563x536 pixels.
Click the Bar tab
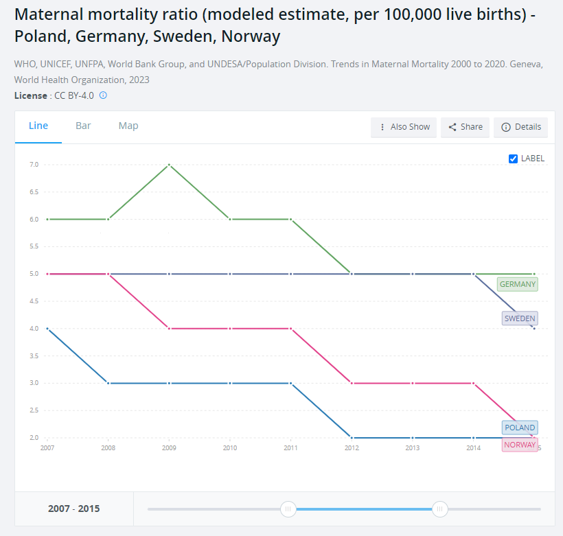[83, 126]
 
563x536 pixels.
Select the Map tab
[128, 126]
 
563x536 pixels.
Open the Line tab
[38, 126]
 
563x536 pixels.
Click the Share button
[465, 127]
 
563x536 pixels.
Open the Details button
[521, 127]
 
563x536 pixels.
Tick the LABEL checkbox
[513, 159]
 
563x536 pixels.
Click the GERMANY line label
[518, 284]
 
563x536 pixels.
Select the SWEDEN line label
[520, 318]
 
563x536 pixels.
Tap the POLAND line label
[520, 428]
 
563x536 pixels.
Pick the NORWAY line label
[519, 445]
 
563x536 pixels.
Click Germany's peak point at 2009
[169, 165]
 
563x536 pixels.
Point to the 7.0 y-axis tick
[34, 165]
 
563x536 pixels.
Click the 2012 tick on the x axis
[352, 448]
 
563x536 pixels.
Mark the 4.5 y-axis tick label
[34, 301]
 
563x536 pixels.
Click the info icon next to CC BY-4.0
[103, 95]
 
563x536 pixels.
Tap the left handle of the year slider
[288, 509]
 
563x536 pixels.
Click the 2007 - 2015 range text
[73, 509]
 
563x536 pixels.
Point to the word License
[30, 95]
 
